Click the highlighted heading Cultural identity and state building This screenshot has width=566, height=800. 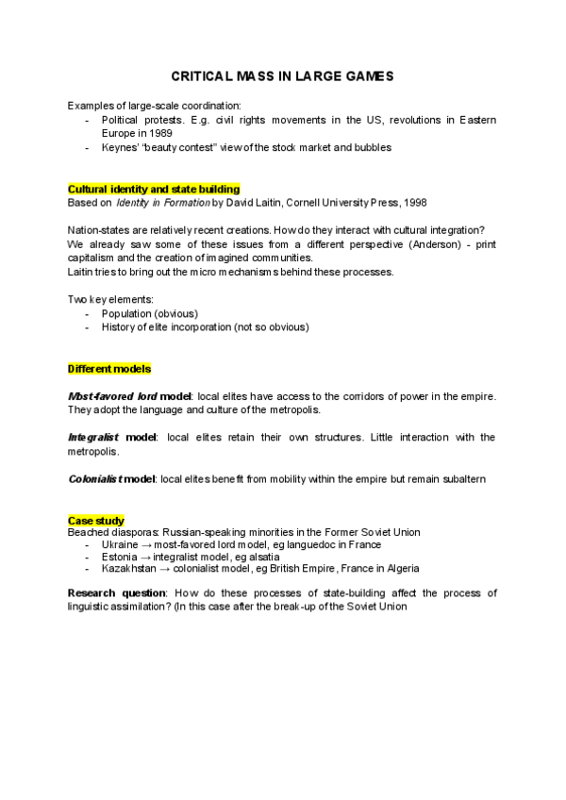154,189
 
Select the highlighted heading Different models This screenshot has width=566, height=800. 109,368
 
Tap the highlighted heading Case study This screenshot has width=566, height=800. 96,521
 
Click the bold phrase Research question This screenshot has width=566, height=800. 117,593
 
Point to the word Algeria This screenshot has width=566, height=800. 399,569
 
